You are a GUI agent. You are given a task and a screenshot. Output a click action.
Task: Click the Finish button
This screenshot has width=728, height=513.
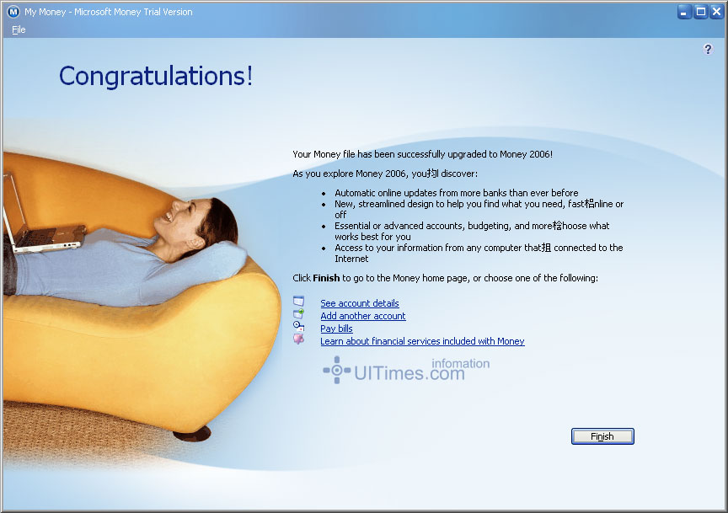[602, 436]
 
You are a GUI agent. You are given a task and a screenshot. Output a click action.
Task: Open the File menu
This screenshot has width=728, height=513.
[19, 29]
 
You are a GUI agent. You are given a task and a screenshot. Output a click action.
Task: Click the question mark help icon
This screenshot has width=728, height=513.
[708, 49]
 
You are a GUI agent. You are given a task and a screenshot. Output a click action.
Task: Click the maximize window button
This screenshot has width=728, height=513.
[700, 12]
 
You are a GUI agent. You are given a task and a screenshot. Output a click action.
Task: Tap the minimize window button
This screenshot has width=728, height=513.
[684, 12]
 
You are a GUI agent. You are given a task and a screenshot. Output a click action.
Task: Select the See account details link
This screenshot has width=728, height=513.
[360, 303]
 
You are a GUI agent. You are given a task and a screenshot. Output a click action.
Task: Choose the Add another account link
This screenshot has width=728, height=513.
[363, 316]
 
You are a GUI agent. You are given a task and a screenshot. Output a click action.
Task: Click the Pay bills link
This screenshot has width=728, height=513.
[336, 329]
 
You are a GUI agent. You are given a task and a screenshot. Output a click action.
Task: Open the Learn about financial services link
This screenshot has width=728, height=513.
[422, 341]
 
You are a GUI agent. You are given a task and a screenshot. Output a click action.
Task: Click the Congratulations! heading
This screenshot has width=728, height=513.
[156, 76]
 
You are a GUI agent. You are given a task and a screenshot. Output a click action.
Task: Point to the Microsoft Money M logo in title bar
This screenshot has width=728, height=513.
[13, 12]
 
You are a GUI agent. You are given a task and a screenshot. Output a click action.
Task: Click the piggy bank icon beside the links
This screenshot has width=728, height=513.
[298, 339]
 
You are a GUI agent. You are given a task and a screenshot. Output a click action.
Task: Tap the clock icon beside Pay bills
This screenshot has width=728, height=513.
[298, 326]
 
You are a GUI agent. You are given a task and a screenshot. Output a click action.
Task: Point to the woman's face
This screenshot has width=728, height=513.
[174, 217]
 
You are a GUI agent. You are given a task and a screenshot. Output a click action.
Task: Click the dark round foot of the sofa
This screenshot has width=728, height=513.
[192, 434]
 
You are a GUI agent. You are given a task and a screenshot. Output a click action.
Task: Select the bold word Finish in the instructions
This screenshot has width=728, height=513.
[326, 278]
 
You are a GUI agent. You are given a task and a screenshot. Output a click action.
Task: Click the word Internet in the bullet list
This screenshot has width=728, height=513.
[351, 259]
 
